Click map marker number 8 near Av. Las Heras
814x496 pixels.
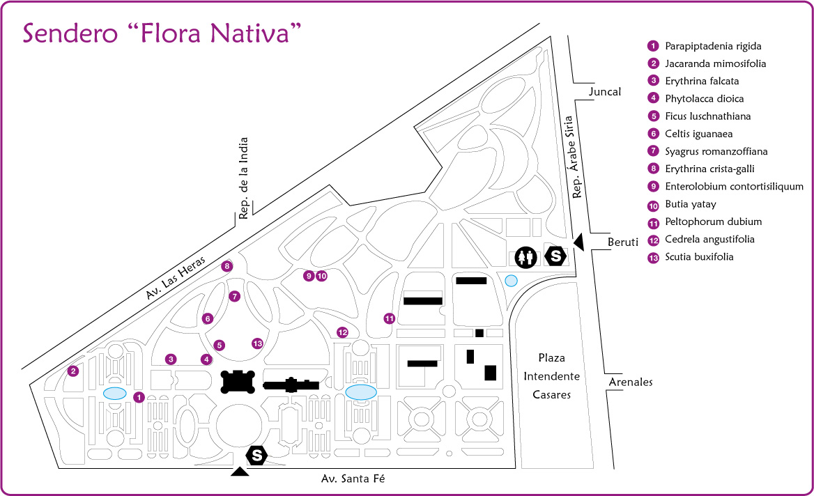pyautogui.click(x=226, y=266)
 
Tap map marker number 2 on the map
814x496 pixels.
pyautogui.click(x=73, y=371)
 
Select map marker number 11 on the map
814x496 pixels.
pyautogui.click(x=389, y=318)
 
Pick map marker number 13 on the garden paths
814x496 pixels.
pyautogui.click(x=257, y=343)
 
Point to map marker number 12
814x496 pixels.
pyautogui.click(x=341, y=332)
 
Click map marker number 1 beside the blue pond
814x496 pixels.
pyautogui.click(x=139, y=397)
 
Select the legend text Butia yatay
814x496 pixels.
pyautogui.click(x=690, y=204)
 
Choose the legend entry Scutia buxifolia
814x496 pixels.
pyautogui.click(x=699, y=257)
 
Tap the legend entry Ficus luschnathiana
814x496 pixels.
pyautogui.click(x=707, y=116)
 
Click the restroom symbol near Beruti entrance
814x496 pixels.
pyautogui.click(x=525, y=257)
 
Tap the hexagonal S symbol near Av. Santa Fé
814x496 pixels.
pyautogui.click(x=257, y=456)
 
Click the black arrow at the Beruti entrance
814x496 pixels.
pyautogui.click(x=578, y=242)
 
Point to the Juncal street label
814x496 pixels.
pyautogui.click(x=604, y=92)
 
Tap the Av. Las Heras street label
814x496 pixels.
pyautogui.click(x=178, y=277)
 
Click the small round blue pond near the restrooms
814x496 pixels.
pyautogui.click(x=511, y=280)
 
